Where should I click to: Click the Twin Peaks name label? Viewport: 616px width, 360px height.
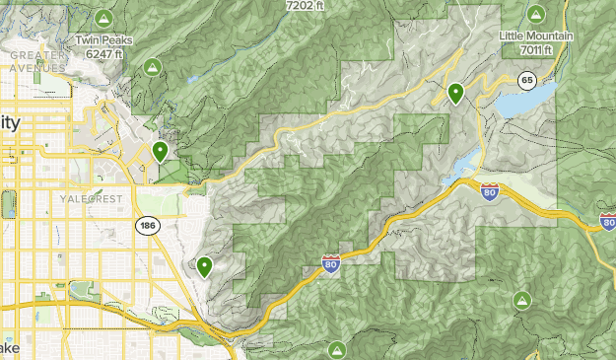[103, 41]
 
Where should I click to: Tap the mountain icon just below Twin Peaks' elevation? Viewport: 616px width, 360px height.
[152, 67]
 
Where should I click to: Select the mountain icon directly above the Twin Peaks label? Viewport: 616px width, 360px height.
[103, 19]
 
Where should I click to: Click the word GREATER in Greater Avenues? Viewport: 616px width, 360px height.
[36, 55]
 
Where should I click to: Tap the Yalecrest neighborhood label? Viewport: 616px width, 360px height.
[90, 199]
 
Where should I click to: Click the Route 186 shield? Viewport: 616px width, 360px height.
[148, 226]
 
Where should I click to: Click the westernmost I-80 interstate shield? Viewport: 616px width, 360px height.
[331, 263]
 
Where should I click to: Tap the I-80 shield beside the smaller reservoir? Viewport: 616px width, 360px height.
[490, 190]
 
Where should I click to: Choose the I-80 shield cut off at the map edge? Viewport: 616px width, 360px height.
[607, 221]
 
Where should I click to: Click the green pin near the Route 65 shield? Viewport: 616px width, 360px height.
[455, 94]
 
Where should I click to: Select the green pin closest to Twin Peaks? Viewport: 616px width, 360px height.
[160, 152]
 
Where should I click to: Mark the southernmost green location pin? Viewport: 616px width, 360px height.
[204, 266]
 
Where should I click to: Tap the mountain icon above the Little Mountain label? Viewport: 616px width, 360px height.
[535, 14]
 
